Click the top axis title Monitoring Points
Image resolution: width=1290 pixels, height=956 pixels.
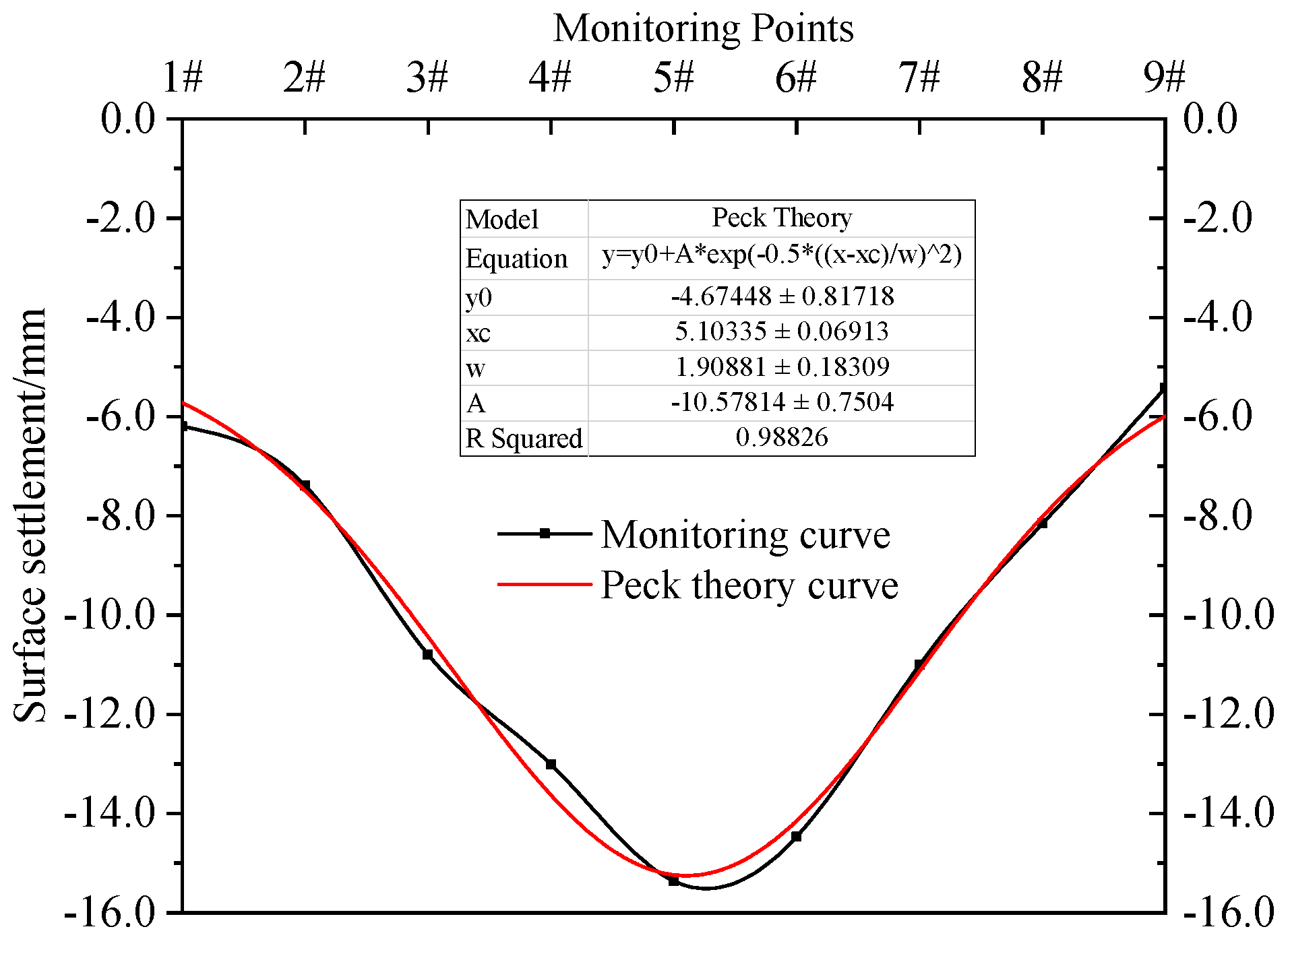pos(703,28)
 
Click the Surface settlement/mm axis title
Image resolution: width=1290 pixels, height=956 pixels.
pos(31,515)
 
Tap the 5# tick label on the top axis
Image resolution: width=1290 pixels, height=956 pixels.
pos(673,77)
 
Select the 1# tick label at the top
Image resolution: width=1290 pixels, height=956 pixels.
pos(183,77)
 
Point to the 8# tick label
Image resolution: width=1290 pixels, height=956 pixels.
pos(1042,77)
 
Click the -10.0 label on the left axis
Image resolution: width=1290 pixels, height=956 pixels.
pos(109,615)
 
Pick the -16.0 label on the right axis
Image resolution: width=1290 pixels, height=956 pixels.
pos(1229,913)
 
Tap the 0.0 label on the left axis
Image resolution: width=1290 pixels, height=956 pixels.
pos(128,119)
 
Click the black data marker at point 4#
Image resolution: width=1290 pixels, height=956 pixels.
pos(551,764)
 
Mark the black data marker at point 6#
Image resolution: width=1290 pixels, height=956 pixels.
pos(796,837)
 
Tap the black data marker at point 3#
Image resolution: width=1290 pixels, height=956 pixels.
pos(428,654)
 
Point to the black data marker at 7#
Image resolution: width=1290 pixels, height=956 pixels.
pos(919,664)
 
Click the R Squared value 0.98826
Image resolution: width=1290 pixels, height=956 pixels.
pos(782,438)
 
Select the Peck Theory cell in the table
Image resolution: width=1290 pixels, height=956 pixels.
pos(782,218)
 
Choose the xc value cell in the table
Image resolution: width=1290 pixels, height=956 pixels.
pos(782,331)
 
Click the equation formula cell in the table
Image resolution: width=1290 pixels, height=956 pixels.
pos(782,256)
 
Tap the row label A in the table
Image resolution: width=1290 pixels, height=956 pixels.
pos(476,403)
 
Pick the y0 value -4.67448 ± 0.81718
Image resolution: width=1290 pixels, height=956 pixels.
pos(782,296)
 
